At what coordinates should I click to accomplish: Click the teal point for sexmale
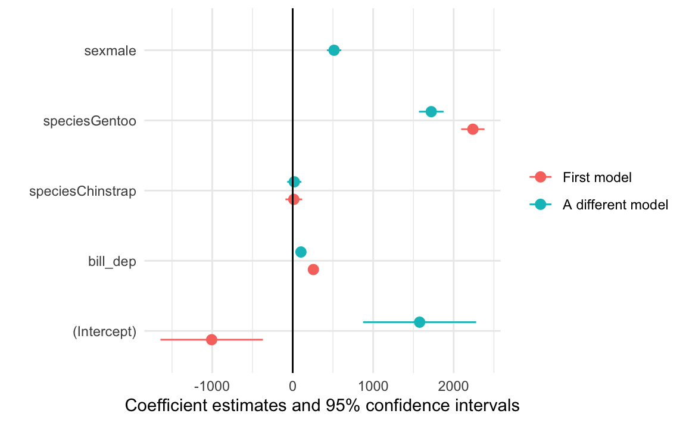(334, 50)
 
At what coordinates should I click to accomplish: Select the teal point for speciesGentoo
(431, 112)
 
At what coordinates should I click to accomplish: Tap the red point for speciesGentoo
(473, 129)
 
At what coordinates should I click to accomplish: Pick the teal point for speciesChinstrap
(294, 181)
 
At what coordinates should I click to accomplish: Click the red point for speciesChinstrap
(294, 199)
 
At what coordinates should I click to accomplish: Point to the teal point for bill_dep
(301, 252)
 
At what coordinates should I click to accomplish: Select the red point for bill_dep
(313, 270)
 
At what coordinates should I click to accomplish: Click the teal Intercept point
(419, 322)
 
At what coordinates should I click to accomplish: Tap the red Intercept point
(211, 340)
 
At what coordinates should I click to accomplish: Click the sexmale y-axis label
(110, 51)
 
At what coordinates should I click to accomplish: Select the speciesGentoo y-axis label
(89, 121)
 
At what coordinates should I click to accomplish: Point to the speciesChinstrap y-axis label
(83, 191)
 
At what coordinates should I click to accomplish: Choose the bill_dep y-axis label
(112, 261)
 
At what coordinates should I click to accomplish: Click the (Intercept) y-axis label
(104, 331)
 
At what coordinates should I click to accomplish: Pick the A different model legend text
(615, 205)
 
